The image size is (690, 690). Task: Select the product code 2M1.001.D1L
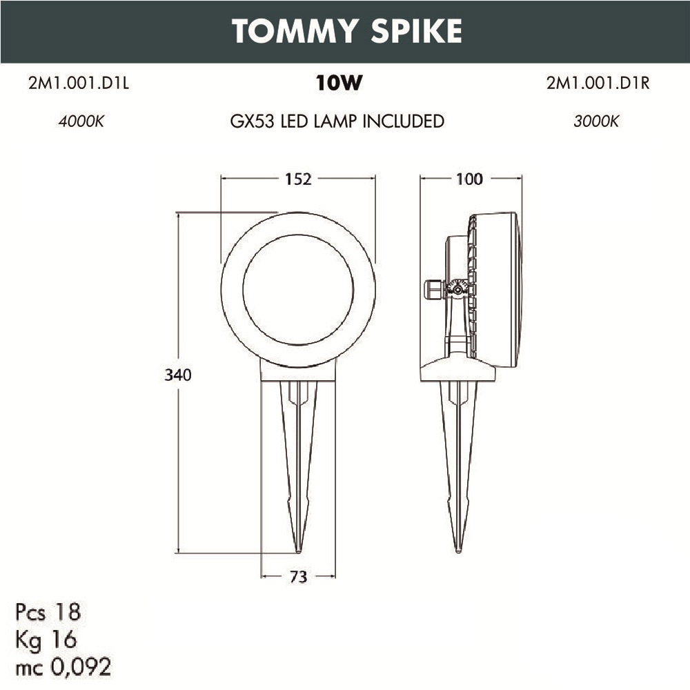[x=79, y=84]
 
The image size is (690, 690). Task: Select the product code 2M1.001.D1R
[x=598, y=84]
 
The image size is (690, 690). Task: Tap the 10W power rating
[x=339, y=84]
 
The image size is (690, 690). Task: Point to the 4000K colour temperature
[x=81, y=121]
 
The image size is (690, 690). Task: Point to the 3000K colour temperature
[x=596, y=121]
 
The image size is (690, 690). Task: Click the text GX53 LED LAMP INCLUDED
[x=337, y=121]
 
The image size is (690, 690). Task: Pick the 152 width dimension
[x=298, y=179]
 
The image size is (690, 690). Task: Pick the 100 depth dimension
[x=469, y=179]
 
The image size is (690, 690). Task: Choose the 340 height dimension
[x=177, y=375]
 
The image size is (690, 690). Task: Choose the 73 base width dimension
[x=298, y=577]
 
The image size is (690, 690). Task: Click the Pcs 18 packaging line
[x=48, y=611]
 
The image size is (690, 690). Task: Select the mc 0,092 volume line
[x=63, y=667]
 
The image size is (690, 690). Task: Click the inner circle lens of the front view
[x=298, y=290]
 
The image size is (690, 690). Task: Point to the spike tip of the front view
[x=298, y=550]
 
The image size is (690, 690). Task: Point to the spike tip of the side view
[x=458, y=550]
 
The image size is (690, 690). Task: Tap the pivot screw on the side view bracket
[x=456, y=290]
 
